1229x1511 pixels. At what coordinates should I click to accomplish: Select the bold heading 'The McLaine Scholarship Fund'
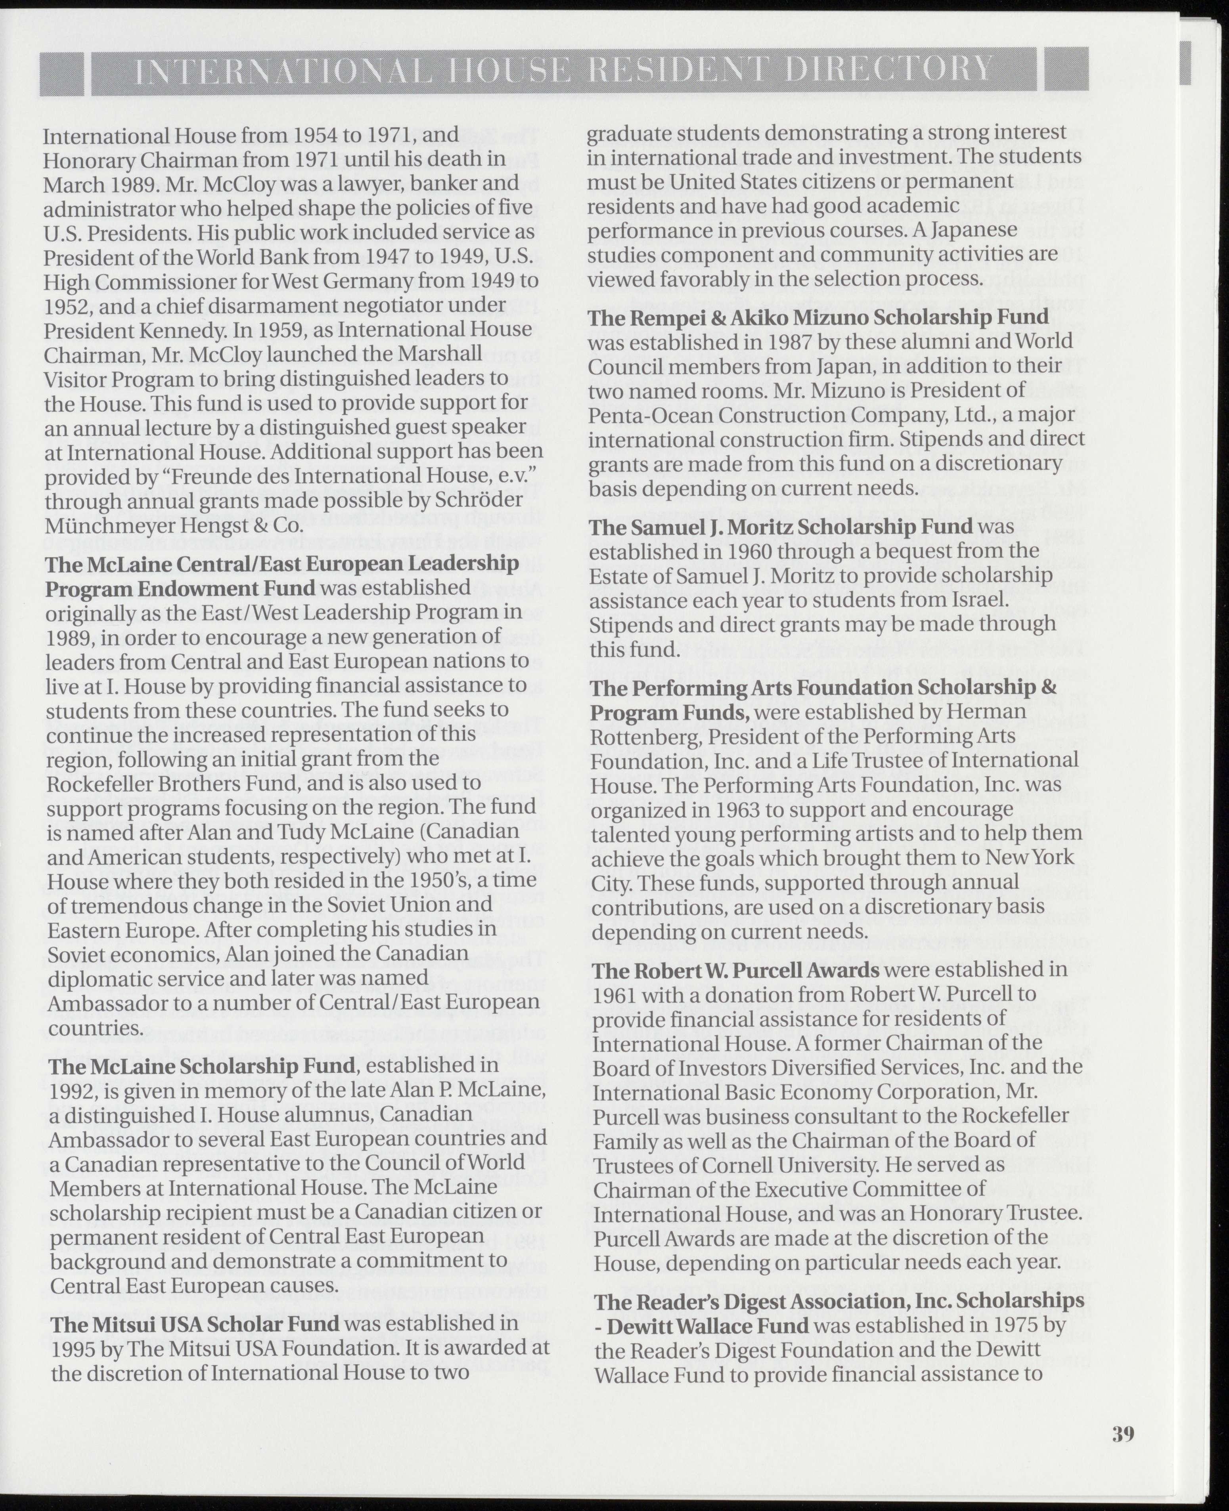(x=201, y=1085)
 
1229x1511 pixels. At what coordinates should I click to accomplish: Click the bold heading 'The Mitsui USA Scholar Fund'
(x=195, y=1323)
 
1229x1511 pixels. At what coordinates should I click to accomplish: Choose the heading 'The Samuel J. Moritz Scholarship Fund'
(x=781, y=526)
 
